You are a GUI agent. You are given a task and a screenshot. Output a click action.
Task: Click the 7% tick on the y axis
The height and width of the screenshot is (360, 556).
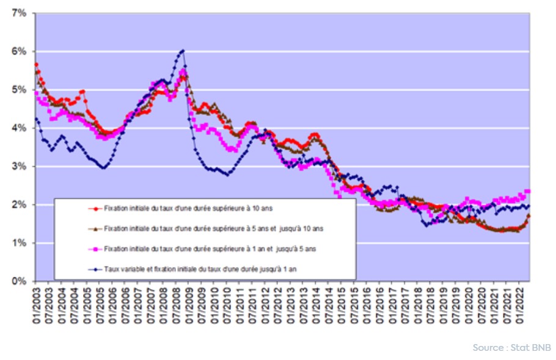coord(18,13)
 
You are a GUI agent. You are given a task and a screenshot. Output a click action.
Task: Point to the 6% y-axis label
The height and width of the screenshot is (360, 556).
coord(18,51)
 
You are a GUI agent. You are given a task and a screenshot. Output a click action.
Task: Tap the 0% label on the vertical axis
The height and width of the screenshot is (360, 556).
coord(18,281)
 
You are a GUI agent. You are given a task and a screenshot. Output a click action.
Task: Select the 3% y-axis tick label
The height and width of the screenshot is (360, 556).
coord(18,166)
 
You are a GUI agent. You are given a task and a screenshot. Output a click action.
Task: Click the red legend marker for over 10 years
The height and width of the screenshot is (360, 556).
coord(94,208)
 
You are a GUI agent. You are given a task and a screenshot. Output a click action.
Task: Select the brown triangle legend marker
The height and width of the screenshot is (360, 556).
coord(94,228)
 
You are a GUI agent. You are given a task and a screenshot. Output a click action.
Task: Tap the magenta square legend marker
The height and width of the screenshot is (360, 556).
coord(94,248)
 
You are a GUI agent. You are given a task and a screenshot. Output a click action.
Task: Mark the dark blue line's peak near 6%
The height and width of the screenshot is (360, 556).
coord(183,50)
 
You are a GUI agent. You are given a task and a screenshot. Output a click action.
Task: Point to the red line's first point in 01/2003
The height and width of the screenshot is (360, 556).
coord(37,64)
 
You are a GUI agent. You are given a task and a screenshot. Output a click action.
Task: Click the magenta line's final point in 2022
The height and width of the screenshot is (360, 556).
coord(529,191)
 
